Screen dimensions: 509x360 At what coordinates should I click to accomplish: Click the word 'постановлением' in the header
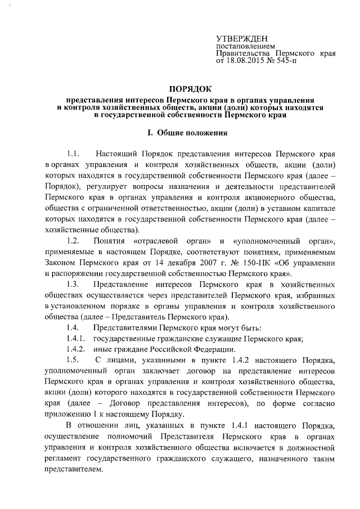click(246, 46)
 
